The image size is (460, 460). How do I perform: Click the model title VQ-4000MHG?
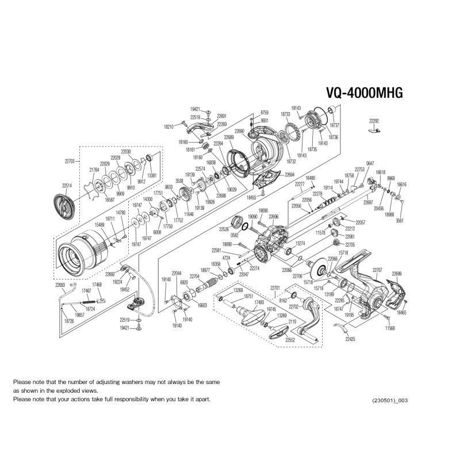point(364,93)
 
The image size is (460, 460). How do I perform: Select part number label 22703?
point(70,162)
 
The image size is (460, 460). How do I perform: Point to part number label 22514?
point(67,185)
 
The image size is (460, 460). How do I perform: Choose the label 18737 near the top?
point(335,125)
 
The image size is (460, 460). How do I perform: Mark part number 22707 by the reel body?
point(378,270)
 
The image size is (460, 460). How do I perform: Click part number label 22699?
point(397,274)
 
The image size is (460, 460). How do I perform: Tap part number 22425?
point(351,340)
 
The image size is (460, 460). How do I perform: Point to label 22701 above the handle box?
point(275,287)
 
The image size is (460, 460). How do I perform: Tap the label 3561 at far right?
point(400,220)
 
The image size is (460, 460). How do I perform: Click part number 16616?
point(401,185)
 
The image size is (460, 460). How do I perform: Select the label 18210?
point(168,126)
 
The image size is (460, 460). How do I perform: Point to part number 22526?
point(224,229)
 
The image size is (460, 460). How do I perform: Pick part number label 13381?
point(152,175)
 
